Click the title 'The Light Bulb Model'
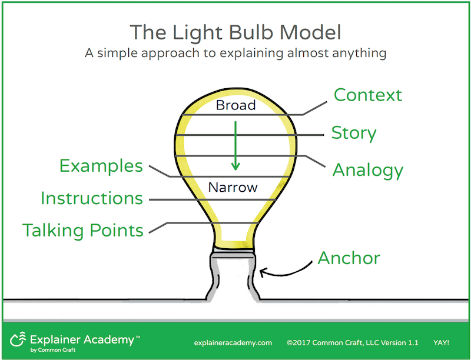coord(235,32)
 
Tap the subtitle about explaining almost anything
coord(235,53)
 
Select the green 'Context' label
coord(367,95)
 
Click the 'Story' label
coord(354,133)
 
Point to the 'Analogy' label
coord(367,171)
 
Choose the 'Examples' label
coord(101,166)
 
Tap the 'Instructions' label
coord(92,198)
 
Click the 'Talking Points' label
coord(83,231)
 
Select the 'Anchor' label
coord(349,258)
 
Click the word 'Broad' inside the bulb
coord(236,105)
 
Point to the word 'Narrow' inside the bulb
coord(233,188)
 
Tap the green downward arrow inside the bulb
coord(235,146)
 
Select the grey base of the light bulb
coord(233,276)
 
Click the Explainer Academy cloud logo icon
coord(18,339)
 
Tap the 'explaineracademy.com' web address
coord(233,343)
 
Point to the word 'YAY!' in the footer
coord(441,342)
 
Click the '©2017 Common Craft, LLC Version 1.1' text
coord(352,342)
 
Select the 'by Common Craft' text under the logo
coord(53,350)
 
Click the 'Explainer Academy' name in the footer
coord(82,340)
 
